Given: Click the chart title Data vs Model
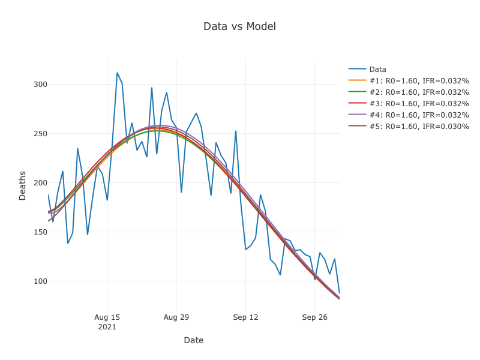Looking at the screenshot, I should [239, 26].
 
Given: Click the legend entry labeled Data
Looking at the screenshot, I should [377, 69].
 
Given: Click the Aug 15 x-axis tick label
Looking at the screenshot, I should [107, 317].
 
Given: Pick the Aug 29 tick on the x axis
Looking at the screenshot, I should [176, 317].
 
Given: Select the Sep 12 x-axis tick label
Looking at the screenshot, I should [245, 317].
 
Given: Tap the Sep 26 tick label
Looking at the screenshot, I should [314, 317].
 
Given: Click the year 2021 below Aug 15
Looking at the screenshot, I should [107, 327].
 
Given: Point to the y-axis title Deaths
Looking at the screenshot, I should [22, 185].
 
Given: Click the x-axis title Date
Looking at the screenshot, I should [193, 340].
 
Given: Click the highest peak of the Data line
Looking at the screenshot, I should [117, 73].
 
